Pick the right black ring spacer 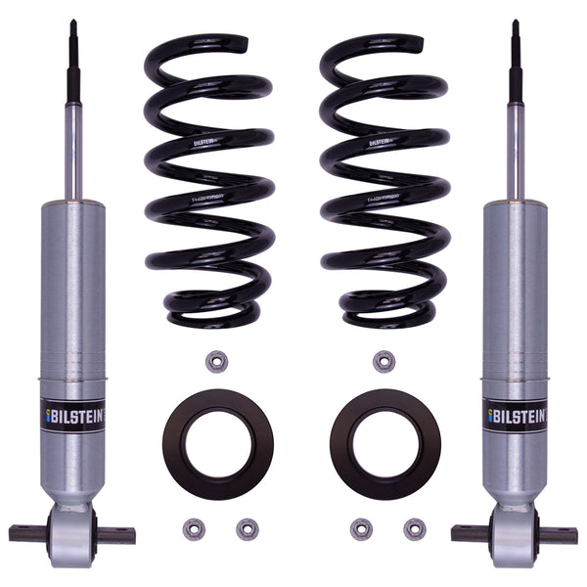[384, 443]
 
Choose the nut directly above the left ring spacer [217, 361]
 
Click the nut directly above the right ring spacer [384, 361]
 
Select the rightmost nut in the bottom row [415, 529]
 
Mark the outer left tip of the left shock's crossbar [13, 534]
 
